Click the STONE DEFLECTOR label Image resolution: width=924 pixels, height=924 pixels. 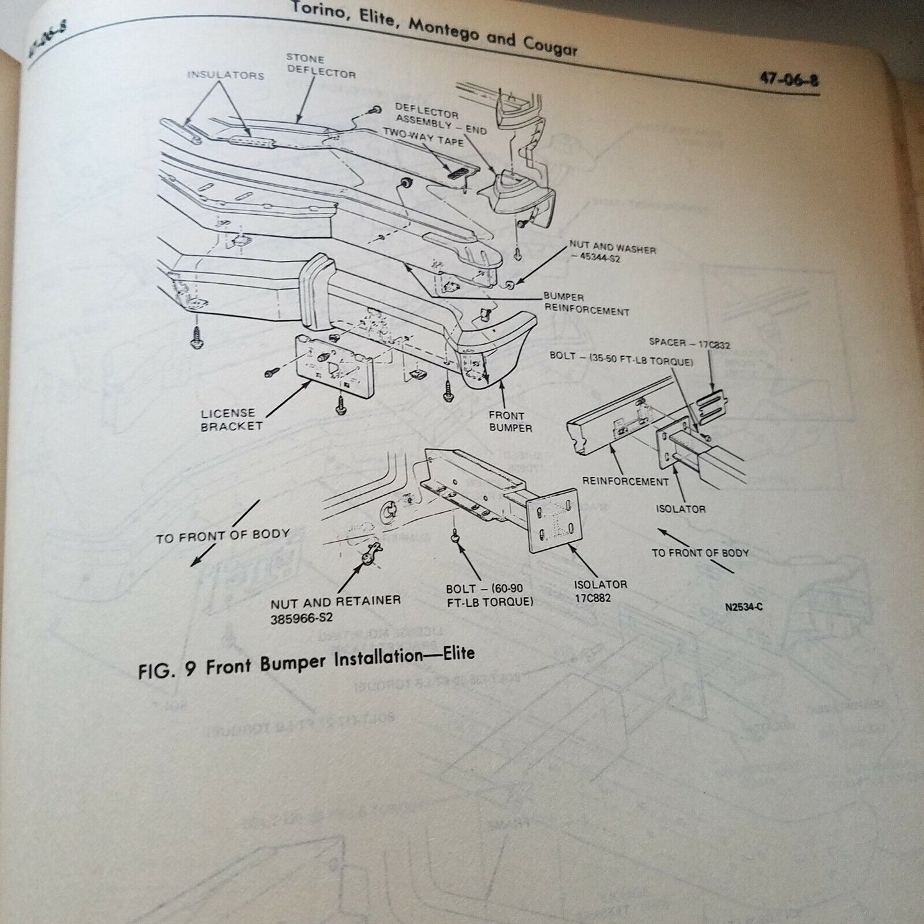click(320, 66)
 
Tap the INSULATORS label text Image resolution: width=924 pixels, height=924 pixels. click(226, 75)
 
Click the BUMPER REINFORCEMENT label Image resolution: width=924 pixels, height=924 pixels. click(586, 304)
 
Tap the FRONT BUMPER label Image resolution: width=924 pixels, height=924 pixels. click(510, 421)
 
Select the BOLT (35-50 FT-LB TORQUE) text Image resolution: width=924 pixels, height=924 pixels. click(621, 359)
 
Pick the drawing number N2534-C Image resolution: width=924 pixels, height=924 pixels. click(744, 607)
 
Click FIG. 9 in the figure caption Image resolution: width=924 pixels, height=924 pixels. click(168, 669)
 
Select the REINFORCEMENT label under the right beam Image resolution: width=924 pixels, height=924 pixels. click(625, 482)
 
